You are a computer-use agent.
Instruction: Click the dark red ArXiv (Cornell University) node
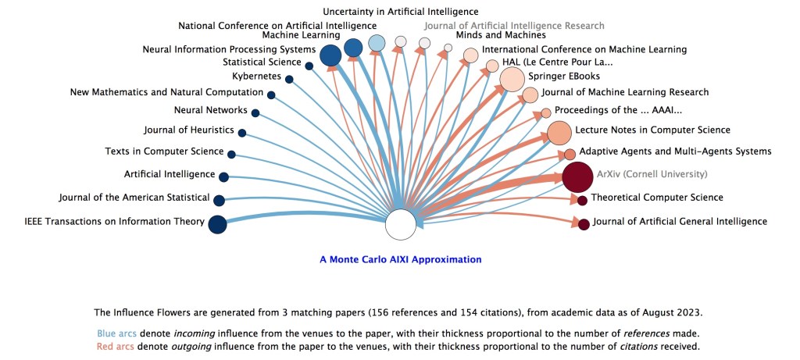[578, 176]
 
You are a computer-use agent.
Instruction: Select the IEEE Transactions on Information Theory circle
[217, 224]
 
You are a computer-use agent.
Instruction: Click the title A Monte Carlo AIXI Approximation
[401, 259]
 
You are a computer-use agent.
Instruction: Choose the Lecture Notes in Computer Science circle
[559, 133]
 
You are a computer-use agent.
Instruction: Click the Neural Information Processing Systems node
[330, 55]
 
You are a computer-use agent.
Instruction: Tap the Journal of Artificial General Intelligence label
[680, 222]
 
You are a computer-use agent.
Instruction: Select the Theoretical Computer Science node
[582, 201]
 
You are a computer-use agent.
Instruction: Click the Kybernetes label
[256, 77]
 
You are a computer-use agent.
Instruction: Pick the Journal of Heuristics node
[242, 133]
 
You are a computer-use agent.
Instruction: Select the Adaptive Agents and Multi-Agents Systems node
[570, 154]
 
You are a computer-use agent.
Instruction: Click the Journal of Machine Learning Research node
[530, 95]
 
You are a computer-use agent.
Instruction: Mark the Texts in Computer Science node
[232, 154]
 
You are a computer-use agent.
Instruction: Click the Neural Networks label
[211, 110]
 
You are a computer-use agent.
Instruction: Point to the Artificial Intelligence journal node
[223, 177]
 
